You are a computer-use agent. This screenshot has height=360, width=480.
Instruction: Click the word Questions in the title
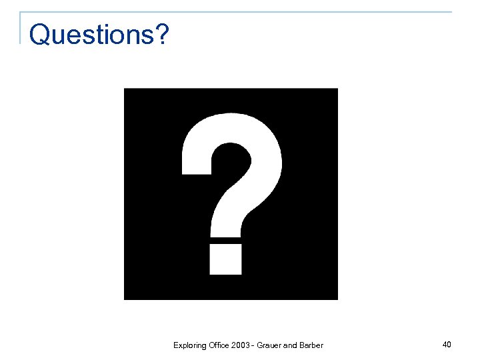[x=91, y=35]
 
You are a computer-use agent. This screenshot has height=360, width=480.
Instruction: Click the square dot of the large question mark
[x=225, y=259]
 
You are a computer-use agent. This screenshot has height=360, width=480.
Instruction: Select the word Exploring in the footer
[x=189, y=345]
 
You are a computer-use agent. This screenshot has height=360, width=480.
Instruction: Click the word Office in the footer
[x=219, y=345]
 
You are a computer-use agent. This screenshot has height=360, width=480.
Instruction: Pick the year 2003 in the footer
[x=241, y=345]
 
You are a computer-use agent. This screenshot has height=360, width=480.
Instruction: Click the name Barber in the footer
[x=312, y=345]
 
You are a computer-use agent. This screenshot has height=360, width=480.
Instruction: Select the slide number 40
[x=447, y=344]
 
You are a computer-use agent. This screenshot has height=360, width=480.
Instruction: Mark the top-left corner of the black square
[x=125, y=89]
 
